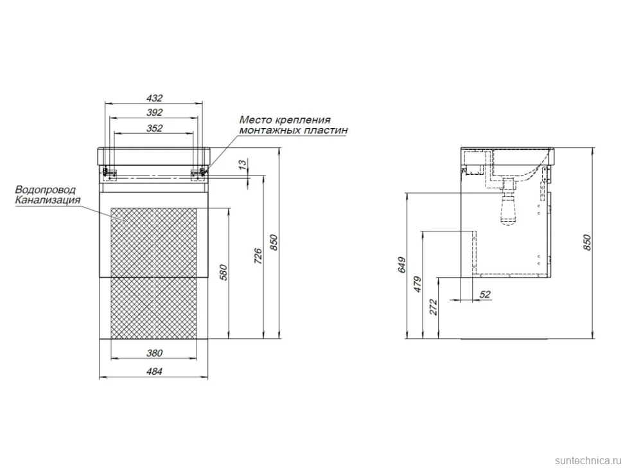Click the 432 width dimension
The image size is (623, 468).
(155, 98)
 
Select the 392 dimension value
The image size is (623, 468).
(155, 113)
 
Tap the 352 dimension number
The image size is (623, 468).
(155, 128)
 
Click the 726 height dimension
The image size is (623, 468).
(258, 256)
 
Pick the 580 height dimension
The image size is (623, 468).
(224, 273)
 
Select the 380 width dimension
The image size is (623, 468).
(155, 353)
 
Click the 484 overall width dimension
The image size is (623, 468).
(155, 372)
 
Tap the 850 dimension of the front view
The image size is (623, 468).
(274, 242)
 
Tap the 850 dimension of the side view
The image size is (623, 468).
(588, 242)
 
